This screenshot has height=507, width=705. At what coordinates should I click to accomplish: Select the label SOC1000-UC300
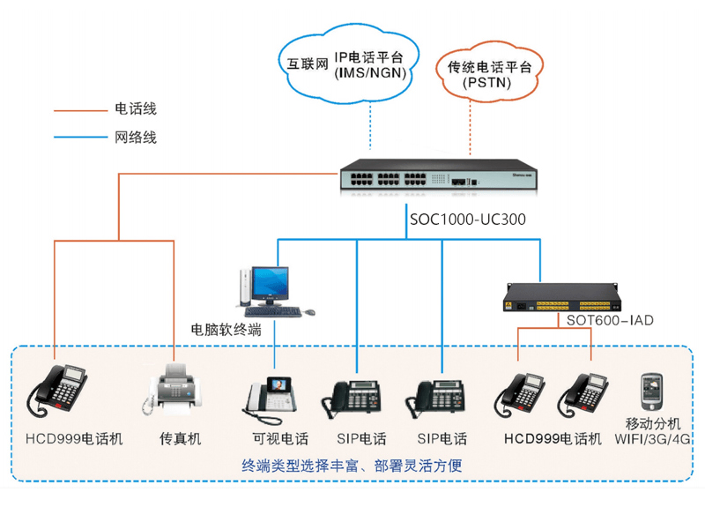point(468,219)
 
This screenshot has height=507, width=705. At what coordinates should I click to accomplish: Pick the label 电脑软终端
point(226,331)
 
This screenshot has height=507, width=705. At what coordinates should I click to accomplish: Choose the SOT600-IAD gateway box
point(556,300)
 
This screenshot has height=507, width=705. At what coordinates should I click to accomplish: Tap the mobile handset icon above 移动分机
point(650,388)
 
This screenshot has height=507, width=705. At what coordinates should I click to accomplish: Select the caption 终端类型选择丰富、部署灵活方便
point(352,465)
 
